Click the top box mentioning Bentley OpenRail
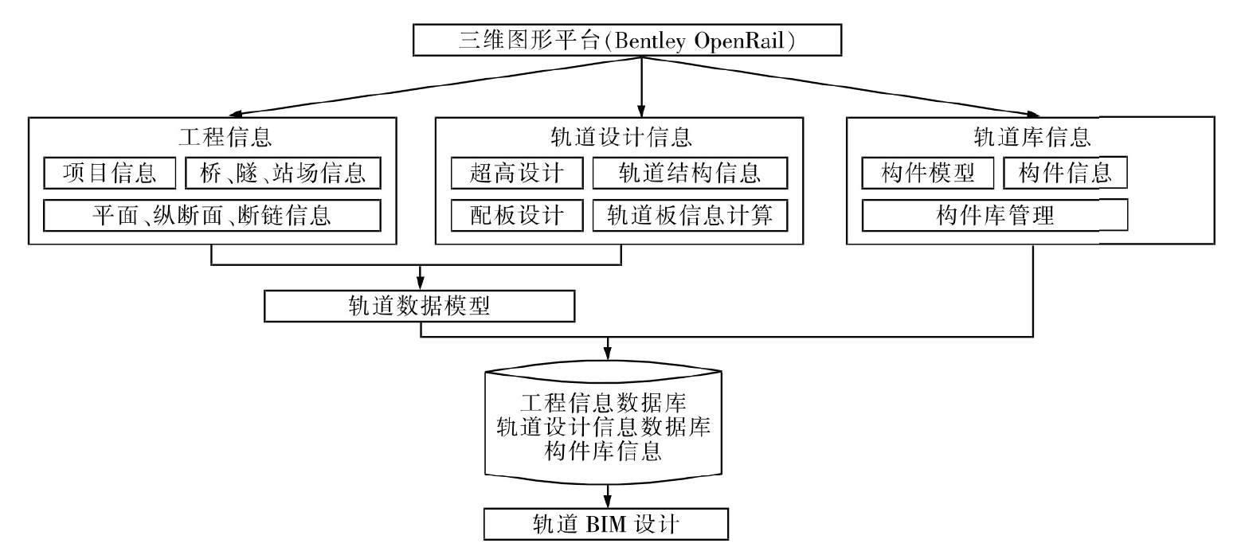(627, 40)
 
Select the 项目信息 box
(109, 174)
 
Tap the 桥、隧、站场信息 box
(283, 174)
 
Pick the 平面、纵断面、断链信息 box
(213, 216)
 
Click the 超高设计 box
(517, 174)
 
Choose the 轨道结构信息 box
(690, 174)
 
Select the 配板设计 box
(517, 216)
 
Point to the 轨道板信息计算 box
(690, 216)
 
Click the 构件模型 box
(928, 174)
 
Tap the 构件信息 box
(1066, 174)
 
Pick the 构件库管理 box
(995, 216)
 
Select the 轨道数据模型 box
(420, 306)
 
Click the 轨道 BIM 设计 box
(606, 524)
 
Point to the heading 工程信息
(225, 137)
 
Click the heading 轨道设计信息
(621, 137)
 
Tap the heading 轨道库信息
(1032, 137)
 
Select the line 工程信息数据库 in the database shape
(604, 403)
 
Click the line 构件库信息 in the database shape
(604, 451)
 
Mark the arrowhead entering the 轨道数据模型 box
(421, 283)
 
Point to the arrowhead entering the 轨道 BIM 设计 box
(608, 501)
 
